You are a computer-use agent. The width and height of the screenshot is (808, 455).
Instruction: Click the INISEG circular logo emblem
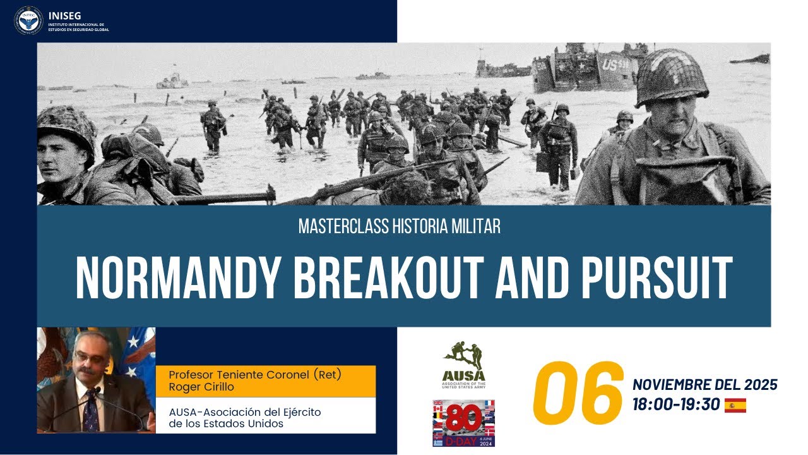coord(28,20)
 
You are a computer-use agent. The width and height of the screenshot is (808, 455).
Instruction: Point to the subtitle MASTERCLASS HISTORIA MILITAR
coord(400,227)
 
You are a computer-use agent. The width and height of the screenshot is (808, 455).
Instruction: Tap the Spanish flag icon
coord(735,405)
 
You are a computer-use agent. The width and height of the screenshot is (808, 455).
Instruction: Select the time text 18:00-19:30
coord(676,405)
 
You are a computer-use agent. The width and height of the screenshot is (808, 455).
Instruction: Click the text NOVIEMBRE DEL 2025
coord(704,384)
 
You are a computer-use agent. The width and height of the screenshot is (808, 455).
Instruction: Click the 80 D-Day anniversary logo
coord(463,423)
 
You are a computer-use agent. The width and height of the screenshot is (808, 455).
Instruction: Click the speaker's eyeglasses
coord(89,357)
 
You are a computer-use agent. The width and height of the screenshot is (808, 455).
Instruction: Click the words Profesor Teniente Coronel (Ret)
coord(254,374)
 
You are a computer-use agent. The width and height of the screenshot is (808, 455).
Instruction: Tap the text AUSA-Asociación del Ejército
coord(245,411)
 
